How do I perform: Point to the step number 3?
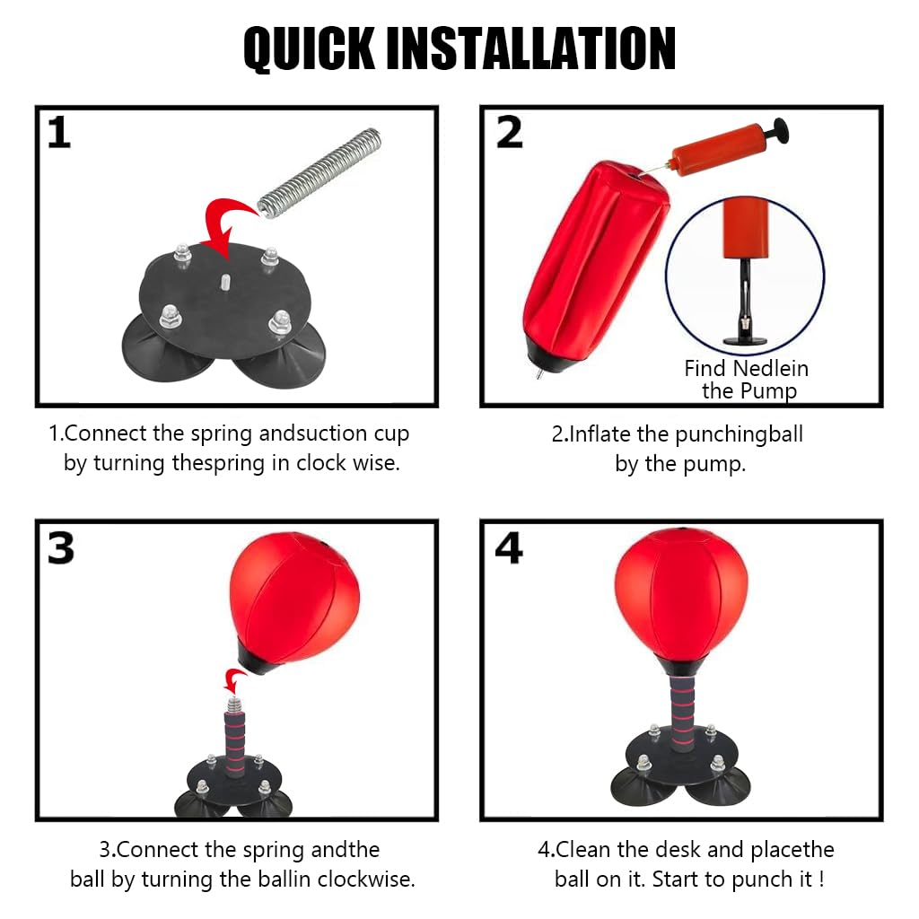60,547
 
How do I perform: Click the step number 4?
509,547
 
